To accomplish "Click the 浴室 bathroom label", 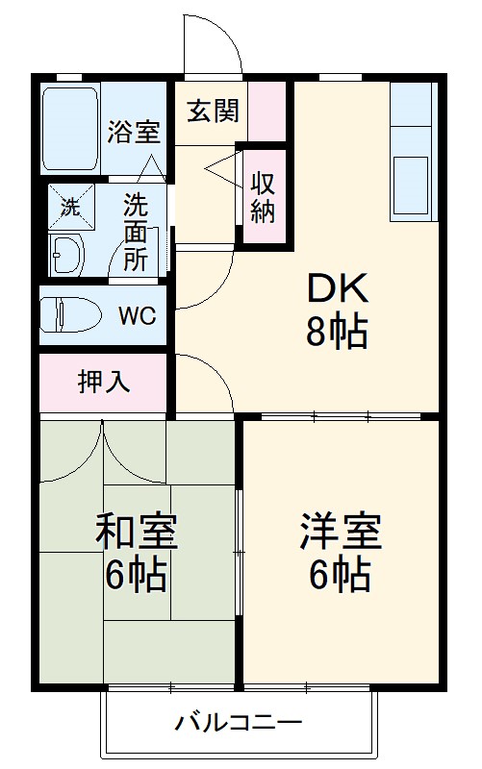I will pyautogui.click(x=134, y=133).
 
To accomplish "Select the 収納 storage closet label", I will pyautogui.click(x=263, y=197).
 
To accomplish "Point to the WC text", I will pyautogui.click(x=138, y=315).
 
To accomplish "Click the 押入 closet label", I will pyautogui.click(x=103, y=381).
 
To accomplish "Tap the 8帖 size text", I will pyautogui.click(x=337, y=332).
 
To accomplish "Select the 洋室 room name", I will pyautogui.click(x=340, y=532).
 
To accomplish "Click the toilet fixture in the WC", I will pyautogui.click(x=68, y=314).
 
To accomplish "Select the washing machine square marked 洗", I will pyautogui.click(x=71, y=204).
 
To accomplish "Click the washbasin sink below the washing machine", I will pyautogui.click(x=66, y=254).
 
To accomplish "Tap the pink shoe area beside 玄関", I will pyautogui.click(x=268, y=112).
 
